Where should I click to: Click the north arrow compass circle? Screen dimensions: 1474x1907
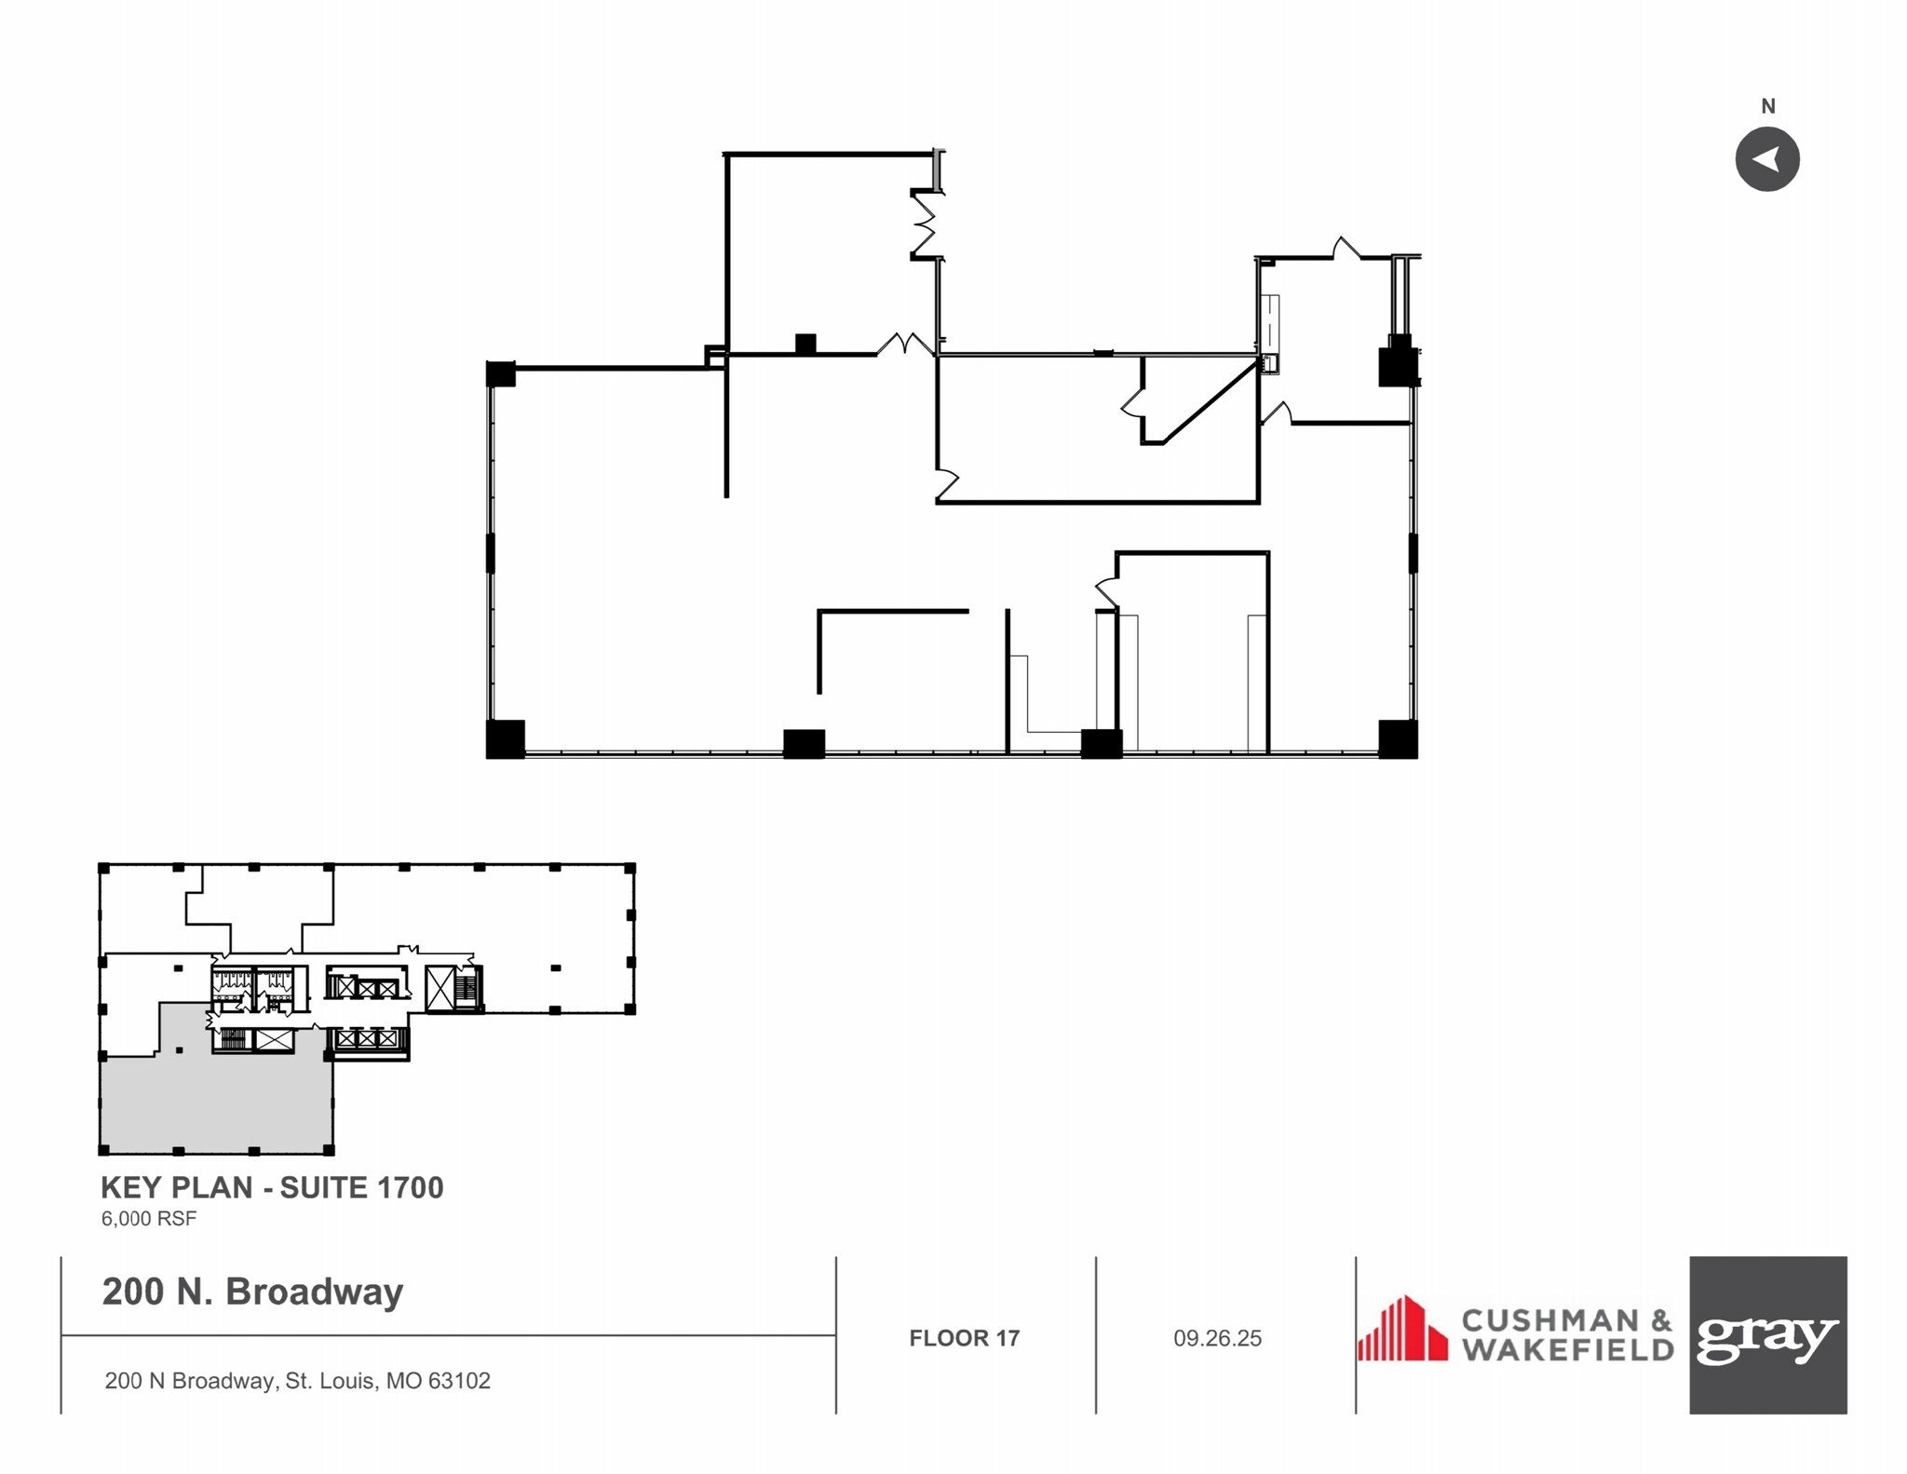click(x=1766, y=159)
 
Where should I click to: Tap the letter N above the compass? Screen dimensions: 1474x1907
click(x=1767, y=106)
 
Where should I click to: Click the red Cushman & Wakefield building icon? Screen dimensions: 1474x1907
click(x=1402, y=1329)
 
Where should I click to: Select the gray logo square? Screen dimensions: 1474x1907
click(x=1767, y=1334)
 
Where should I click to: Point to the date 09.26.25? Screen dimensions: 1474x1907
click(x=1217, y=1338)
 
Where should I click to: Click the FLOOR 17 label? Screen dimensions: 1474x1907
click(x=964, y=1338)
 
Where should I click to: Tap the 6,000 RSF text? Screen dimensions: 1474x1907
click(x=149, y=1218)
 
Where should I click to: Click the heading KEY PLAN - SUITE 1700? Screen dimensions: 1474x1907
click(x=272, y=1187)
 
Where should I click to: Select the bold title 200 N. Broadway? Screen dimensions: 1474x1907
click(x=252, y=1291)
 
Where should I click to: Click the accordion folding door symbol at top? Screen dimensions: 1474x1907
click(x=924, y=223)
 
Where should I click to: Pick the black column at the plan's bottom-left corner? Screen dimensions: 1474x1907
click(x=506, y=738)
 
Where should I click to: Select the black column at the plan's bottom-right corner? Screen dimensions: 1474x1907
click(x=1398, y=738)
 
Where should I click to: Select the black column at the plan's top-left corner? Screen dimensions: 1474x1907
click(x=501, y=373)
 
